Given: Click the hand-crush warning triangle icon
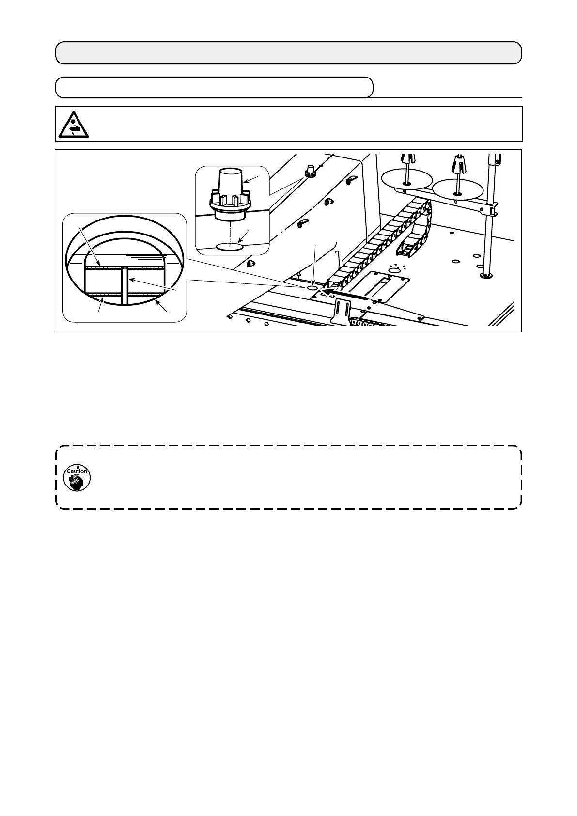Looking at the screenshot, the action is [x=73, y=124].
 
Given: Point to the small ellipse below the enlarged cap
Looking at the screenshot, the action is [x=230, y=247].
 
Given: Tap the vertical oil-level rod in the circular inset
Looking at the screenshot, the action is [x=125, y=286].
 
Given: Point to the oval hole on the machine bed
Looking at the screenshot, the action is [x=312, y=288].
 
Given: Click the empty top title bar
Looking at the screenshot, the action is [x=288, y=53].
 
